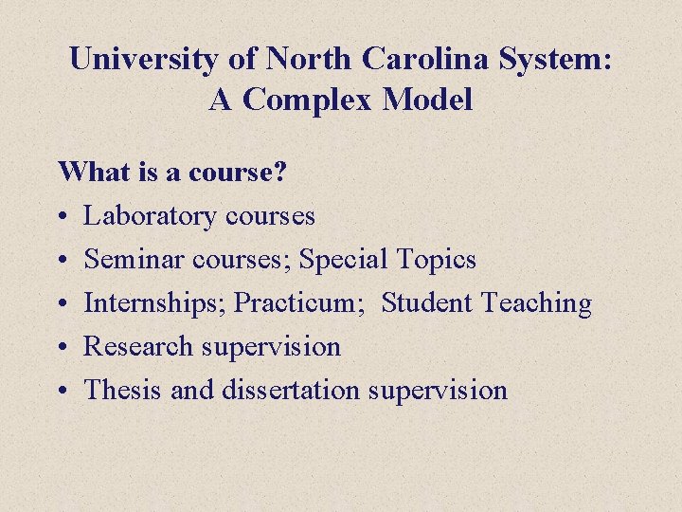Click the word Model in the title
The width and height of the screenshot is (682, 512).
pyautogui.click(x=431, y=101)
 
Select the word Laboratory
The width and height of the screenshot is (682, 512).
pyautogui.click(x=152, y=216)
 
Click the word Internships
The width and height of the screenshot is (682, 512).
pyautogui.click(x=154, y=303)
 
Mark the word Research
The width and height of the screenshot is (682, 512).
pyautogui.click(x=139, y=347)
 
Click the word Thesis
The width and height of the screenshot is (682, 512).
pyautogui.click(x=124, y=391)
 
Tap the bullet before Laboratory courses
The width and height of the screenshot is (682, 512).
pyautogui.click(x=63, y=217)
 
